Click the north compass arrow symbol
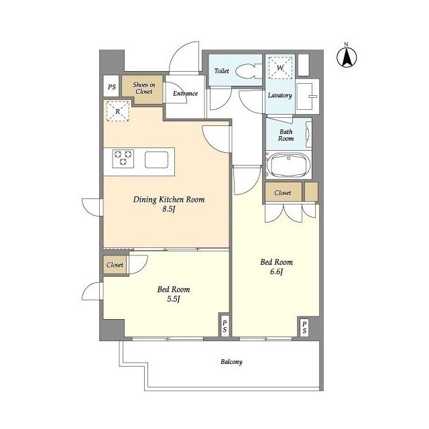point(347,58)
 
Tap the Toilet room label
point(222,71)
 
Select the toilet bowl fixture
point(249,71)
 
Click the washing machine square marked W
point(280,68)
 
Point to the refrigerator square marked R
point(118,111)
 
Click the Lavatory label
point(280,95)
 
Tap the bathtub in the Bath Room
point(289,165)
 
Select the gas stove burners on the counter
point(123,158)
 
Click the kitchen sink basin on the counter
point(156,160)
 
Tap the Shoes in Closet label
point(144,88)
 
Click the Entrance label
point(185,93)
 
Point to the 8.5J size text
point(168,209)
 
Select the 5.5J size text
point(174,299)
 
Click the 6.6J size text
point(276,271)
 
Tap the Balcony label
point(231,362)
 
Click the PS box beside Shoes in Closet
point(111,86)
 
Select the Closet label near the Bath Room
point(283,192)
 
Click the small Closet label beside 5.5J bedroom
point(115,265)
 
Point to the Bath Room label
point(286,135)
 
